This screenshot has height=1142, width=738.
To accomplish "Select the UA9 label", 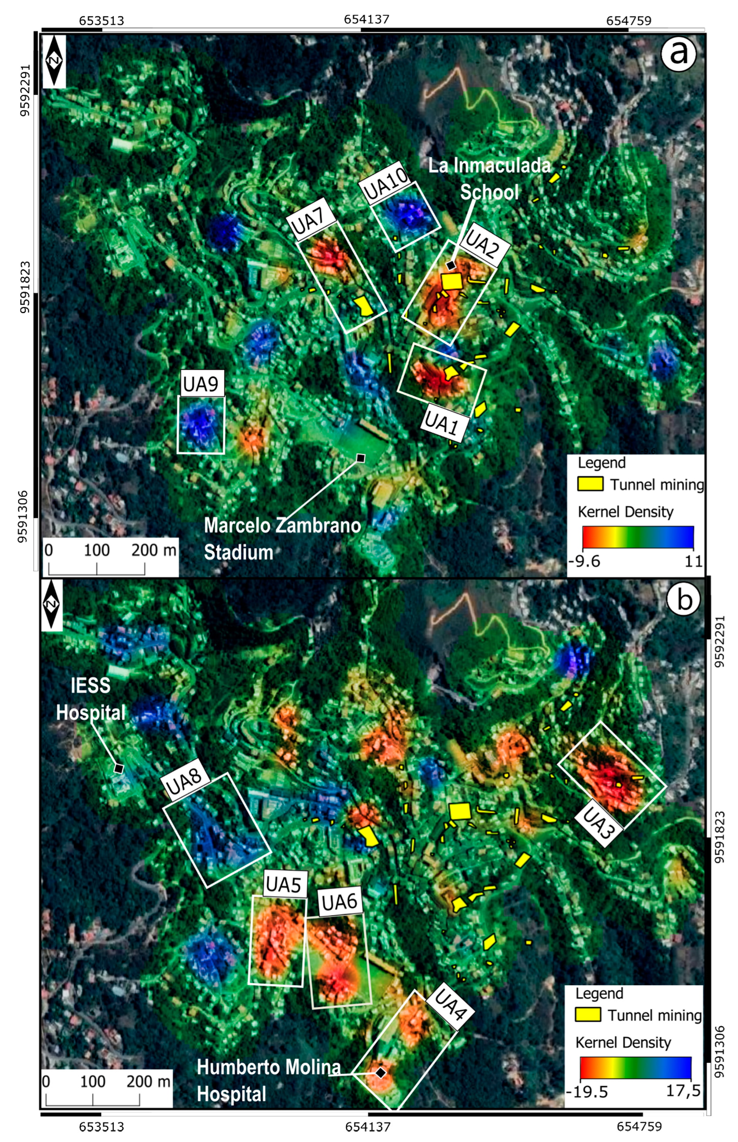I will click(201, 383).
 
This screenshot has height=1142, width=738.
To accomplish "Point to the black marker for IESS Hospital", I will click(118, 768).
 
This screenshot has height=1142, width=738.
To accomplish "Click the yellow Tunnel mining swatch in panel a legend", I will click(590, 484).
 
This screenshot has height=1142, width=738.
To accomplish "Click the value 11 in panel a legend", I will click(693, 560).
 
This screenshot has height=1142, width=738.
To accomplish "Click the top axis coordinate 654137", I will click(367, 20).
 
